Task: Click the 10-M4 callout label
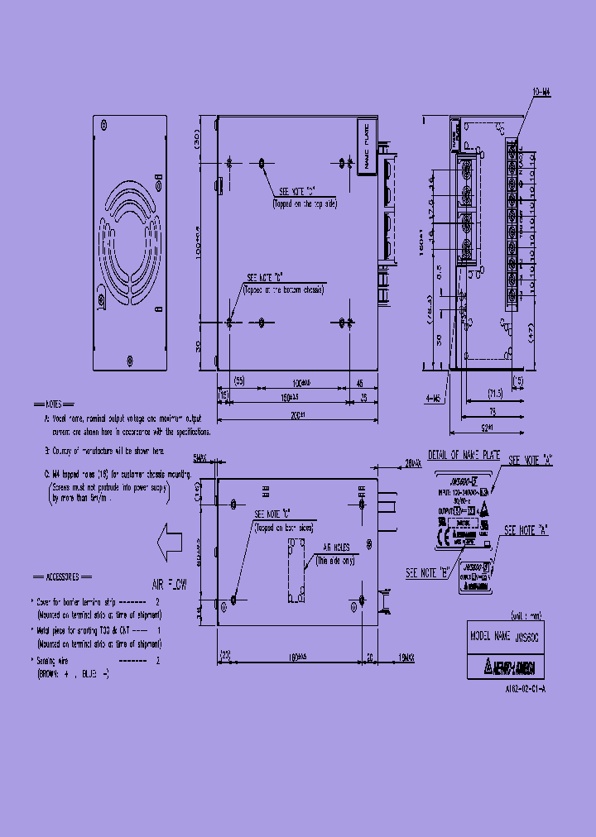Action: [x=542, y=94]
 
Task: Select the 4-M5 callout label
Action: [x=433, y=399]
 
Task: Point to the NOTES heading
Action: [x=52, y=405]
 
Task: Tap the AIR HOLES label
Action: [x=335, y=547]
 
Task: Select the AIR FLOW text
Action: [x=170, y=584]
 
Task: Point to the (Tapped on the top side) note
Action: [x=305, y=203]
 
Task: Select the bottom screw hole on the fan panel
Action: [x=128, y=360]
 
